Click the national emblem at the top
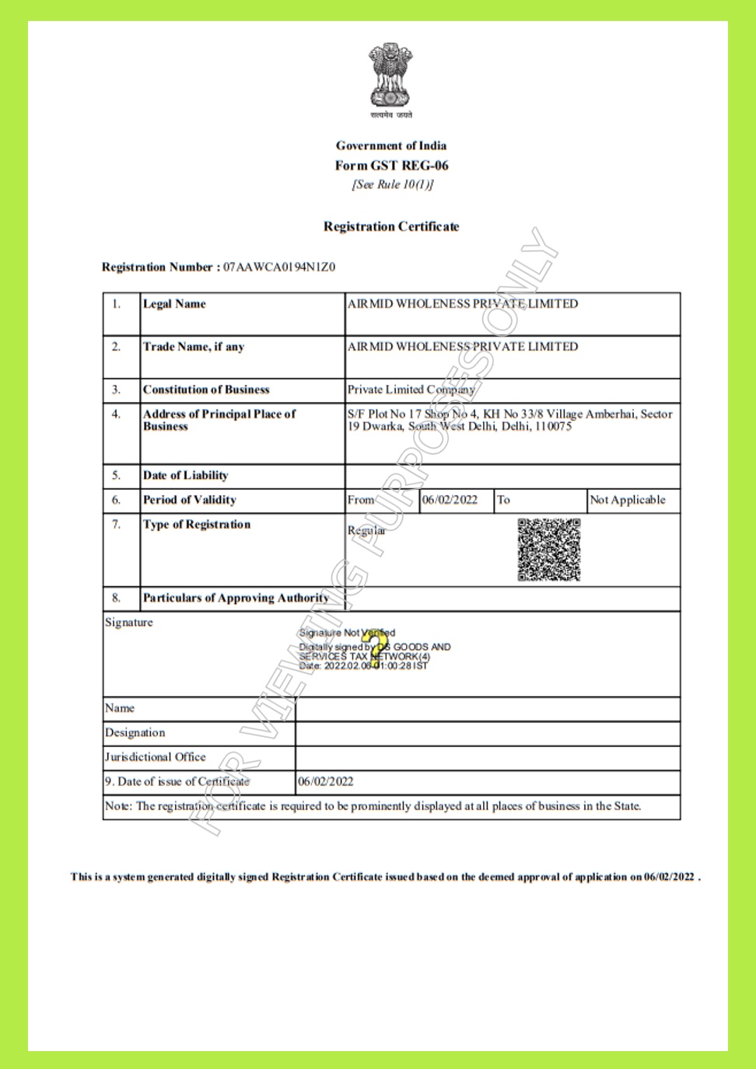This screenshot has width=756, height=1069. point(390,75)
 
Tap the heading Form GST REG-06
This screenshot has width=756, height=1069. point(391,165)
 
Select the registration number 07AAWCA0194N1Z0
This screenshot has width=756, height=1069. point(279,267)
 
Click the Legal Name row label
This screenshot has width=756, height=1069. point(174,304)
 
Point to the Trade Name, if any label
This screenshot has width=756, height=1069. point(194,347)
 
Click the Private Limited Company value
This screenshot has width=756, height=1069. point(411,390)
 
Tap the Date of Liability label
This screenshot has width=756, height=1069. point(185,475)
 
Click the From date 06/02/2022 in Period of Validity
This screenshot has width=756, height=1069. point(450,500)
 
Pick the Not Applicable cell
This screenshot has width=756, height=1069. point(628,500)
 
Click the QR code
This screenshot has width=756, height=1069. point(549,550)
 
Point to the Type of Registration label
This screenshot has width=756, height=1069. point(197,525)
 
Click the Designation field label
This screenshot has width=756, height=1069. point(135,732)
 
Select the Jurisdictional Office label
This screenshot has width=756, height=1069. point(156,756)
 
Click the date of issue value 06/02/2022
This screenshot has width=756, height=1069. point(326,781)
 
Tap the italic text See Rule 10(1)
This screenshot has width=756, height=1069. point(392,184)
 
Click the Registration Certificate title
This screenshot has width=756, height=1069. point(391,226)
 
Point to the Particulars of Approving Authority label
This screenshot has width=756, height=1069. point(236,598)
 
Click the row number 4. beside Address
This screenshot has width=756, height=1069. point(116,414)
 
